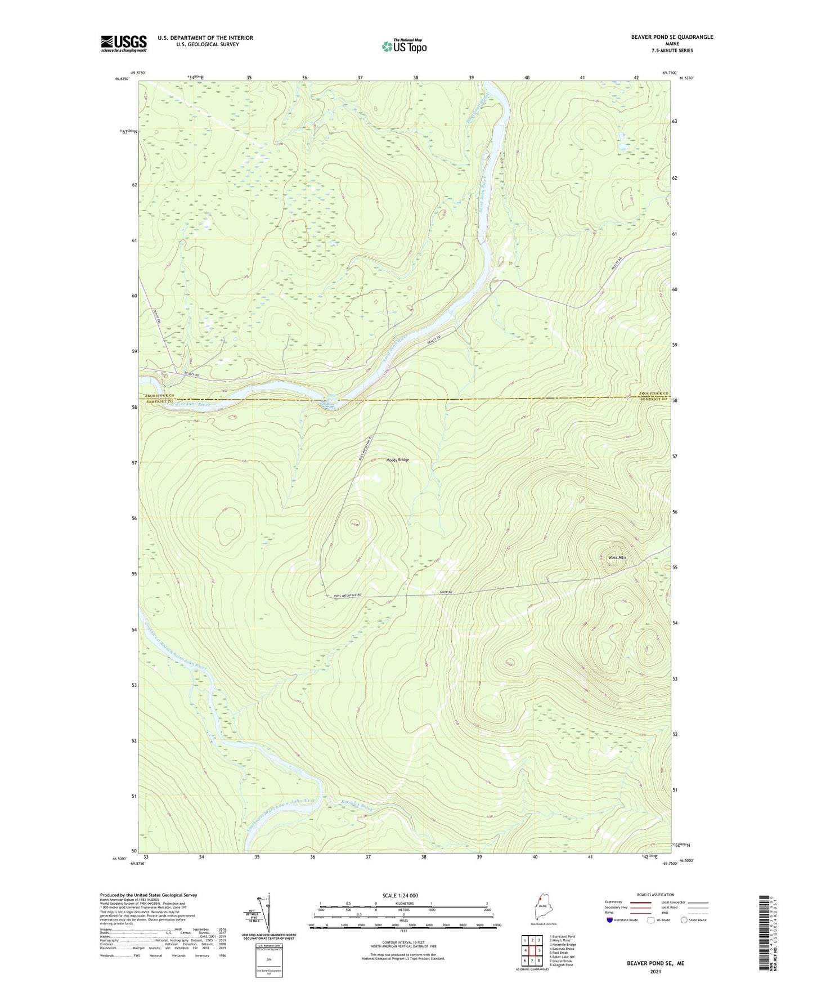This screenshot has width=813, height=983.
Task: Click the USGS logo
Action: click(x=124, y=43)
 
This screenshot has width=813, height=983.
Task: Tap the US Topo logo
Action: click(x=405, y=46)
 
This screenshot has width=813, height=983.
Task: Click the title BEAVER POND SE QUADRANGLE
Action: click(x=672, y=37)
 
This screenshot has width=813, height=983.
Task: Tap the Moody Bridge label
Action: click(x=397, y=460)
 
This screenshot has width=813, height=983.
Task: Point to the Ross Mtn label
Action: click(x=617, y=557)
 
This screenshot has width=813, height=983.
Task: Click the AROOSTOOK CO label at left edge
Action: click(x=155, y=396)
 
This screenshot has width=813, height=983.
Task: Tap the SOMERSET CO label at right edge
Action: click(x=653, y=399)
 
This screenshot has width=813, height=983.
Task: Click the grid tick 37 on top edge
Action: click(x=360, y=78)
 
